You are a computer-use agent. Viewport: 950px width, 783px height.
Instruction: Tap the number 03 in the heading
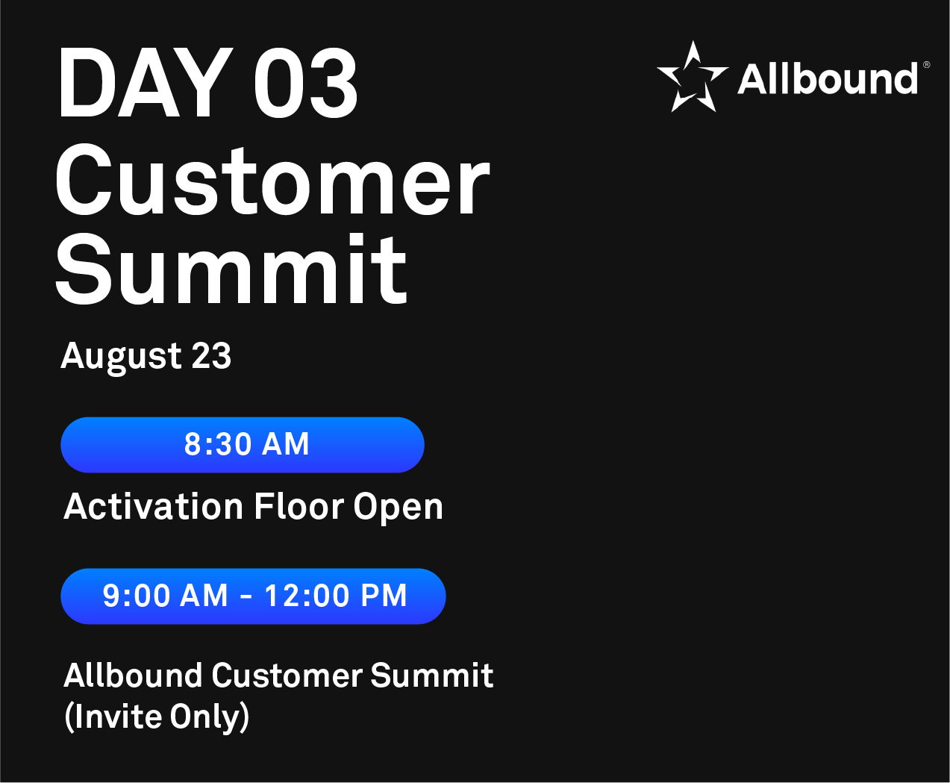click(x=306, y=84)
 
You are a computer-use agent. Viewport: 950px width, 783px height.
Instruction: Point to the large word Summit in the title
click(x=231, y=268)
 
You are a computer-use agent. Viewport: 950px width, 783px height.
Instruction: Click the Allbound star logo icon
click(x=692, y=76)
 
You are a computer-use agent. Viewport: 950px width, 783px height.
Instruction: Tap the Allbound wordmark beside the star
click(x=828, y=78)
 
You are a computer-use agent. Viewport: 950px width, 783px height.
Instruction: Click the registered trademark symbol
click(x=926, y=65)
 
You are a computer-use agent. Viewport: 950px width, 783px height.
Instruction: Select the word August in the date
click(x=122, y=358)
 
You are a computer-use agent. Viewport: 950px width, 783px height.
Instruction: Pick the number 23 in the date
click(x=211, y=355)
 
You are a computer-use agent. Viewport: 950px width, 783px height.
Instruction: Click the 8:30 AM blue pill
click(x=243, y=445)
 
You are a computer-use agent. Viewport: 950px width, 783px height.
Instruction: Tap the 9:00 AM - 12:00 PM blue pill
click(x=253, y=596)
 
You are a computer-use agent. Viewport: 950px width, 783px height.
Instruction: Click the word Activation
click(x=154, y=506)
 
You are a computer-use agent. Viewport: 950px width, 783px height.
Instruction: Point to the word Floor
click(x=299, y=506)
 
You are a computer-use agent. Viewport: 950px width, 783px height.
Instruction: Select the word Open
click(x=398, y=508)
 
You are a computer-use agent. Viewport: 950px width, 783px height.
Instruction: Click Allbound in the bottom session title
click(x=133, y=675)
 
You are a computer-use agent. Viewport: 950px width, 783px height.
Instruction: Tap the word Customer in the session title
click(x=287, y=675)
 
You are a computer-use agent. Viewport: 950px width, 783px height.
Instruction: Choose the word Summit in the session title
click(x=432, y=675)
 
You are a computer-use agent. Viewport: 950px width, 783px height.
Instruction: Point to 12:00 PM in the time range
click(x=335, y=596)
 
